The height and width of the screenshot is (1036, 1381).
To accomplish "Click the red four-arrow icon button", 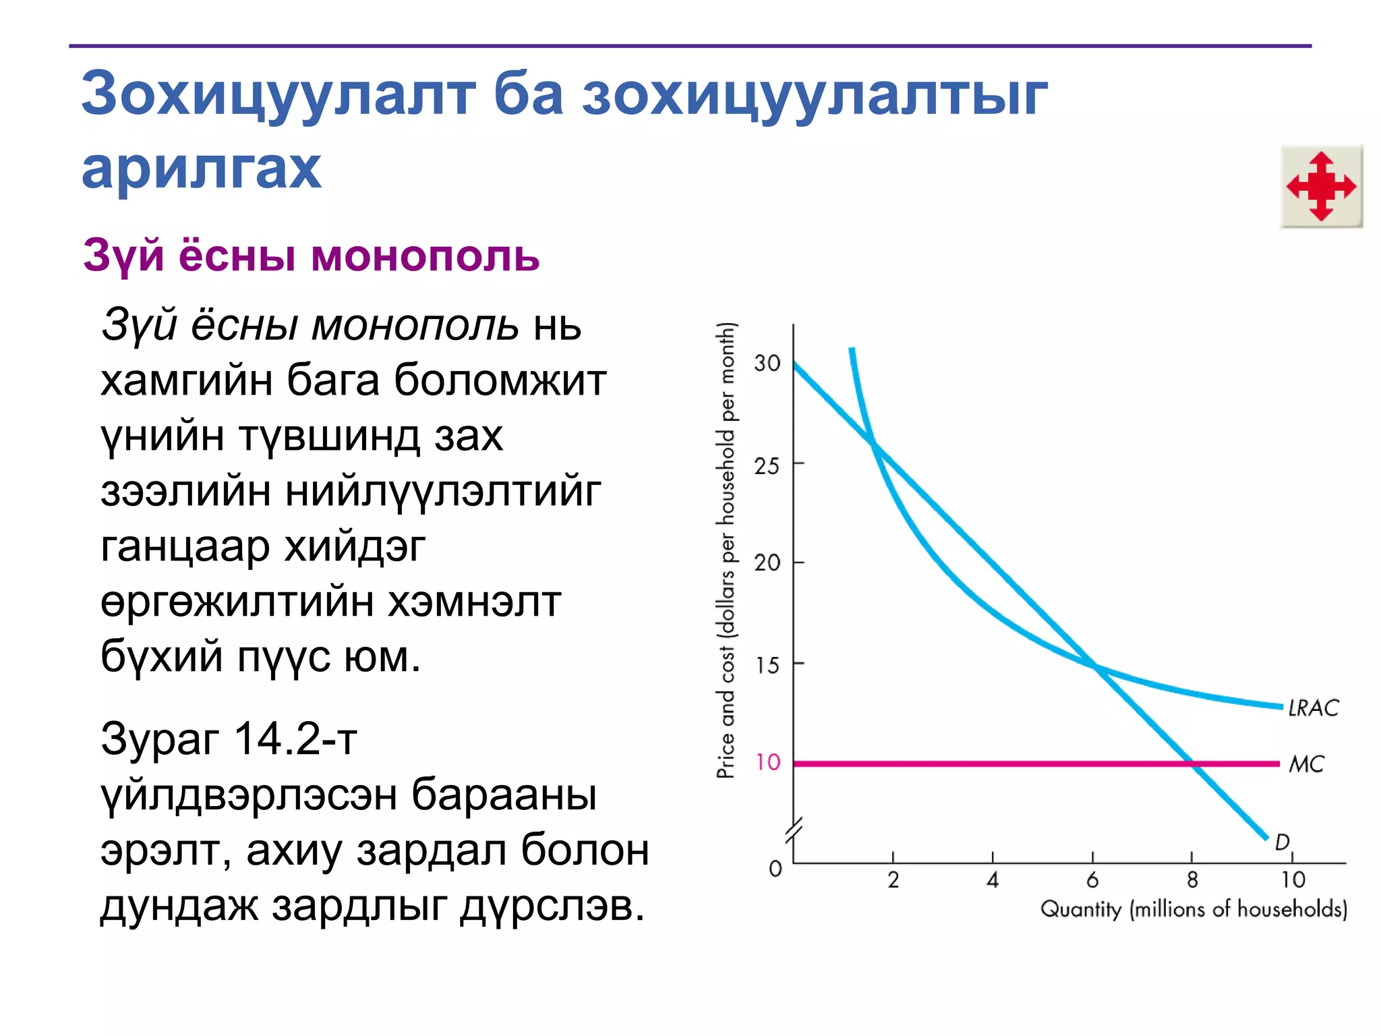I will (1321, 187).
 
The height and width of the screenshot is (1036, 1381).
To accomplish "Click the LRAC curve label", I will (1313, 708).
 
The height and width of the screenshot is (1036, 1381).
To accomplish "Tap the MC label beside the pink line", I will (1306, 764).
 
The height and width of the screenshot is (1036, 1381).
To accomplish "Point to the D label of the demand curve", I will (1282, 841).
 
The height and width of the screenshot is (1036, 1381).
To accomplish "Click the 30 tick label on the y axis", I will (767, 364).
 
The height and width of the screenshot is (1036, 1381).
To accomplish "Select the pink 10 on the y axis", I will (767, 762).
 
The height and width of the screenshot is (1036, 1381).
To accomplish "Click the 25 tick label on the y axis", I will (767, 465).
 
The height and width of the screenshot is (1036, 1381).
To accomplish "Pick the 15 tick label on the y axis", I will (767, 666).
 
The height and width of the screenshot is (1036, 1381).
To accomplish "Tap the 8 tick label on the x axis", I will (1192, 880).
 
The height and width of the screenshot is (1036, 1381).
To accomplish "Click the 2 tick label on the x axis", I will (893, 880).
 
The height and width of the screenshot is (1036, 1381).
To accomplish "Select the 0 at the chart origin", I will (775, 868).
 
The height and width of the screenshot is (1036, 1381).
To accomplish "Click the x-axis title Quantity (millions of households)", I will (1193, 909).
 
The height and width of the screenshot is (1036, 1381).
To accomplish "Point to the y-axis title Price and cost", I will (726, 550).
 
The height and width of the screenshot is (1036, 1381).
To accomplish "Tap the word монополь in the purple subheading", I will (425, 256).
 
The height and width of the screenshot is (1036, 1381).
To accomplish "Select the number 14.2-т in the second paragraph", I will (295, 739).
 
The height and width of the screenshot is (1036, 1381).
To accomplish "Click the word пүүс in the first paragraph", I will (283, 656).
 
